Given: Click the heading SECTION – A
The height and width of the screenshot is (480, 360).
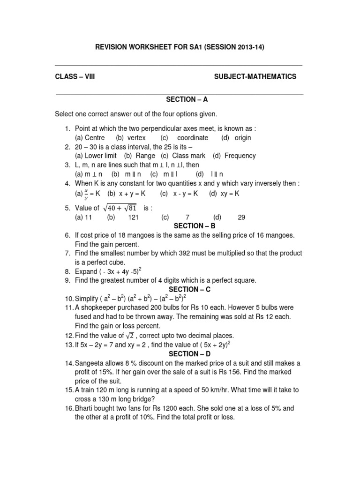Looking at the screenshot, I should pyautogui.click(x=180, y=99).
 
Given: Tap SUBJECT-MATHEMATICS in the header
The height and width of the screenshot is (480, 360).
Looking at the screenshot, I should pyautogui.click(x=255, y=76).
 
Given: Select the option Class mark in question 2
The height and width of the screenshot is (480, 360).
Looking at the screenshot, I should pyautogui.click(x=189, y=156).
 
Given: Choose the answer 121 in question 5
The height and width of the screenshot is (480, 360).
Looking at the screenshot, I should pyautogui.click(x=134, y=217).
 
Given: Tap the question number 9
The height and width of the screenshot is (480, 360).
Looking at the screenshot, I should pyautogui.click(x=67, y=280).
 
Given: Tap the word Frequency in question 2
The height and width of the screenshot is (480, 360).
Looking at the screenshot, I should pyautogui.click(x=240, y=156).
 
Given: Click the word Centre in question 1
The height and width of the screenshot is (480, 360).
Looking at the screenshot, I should pyautogui.click(x=94, y=137).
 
